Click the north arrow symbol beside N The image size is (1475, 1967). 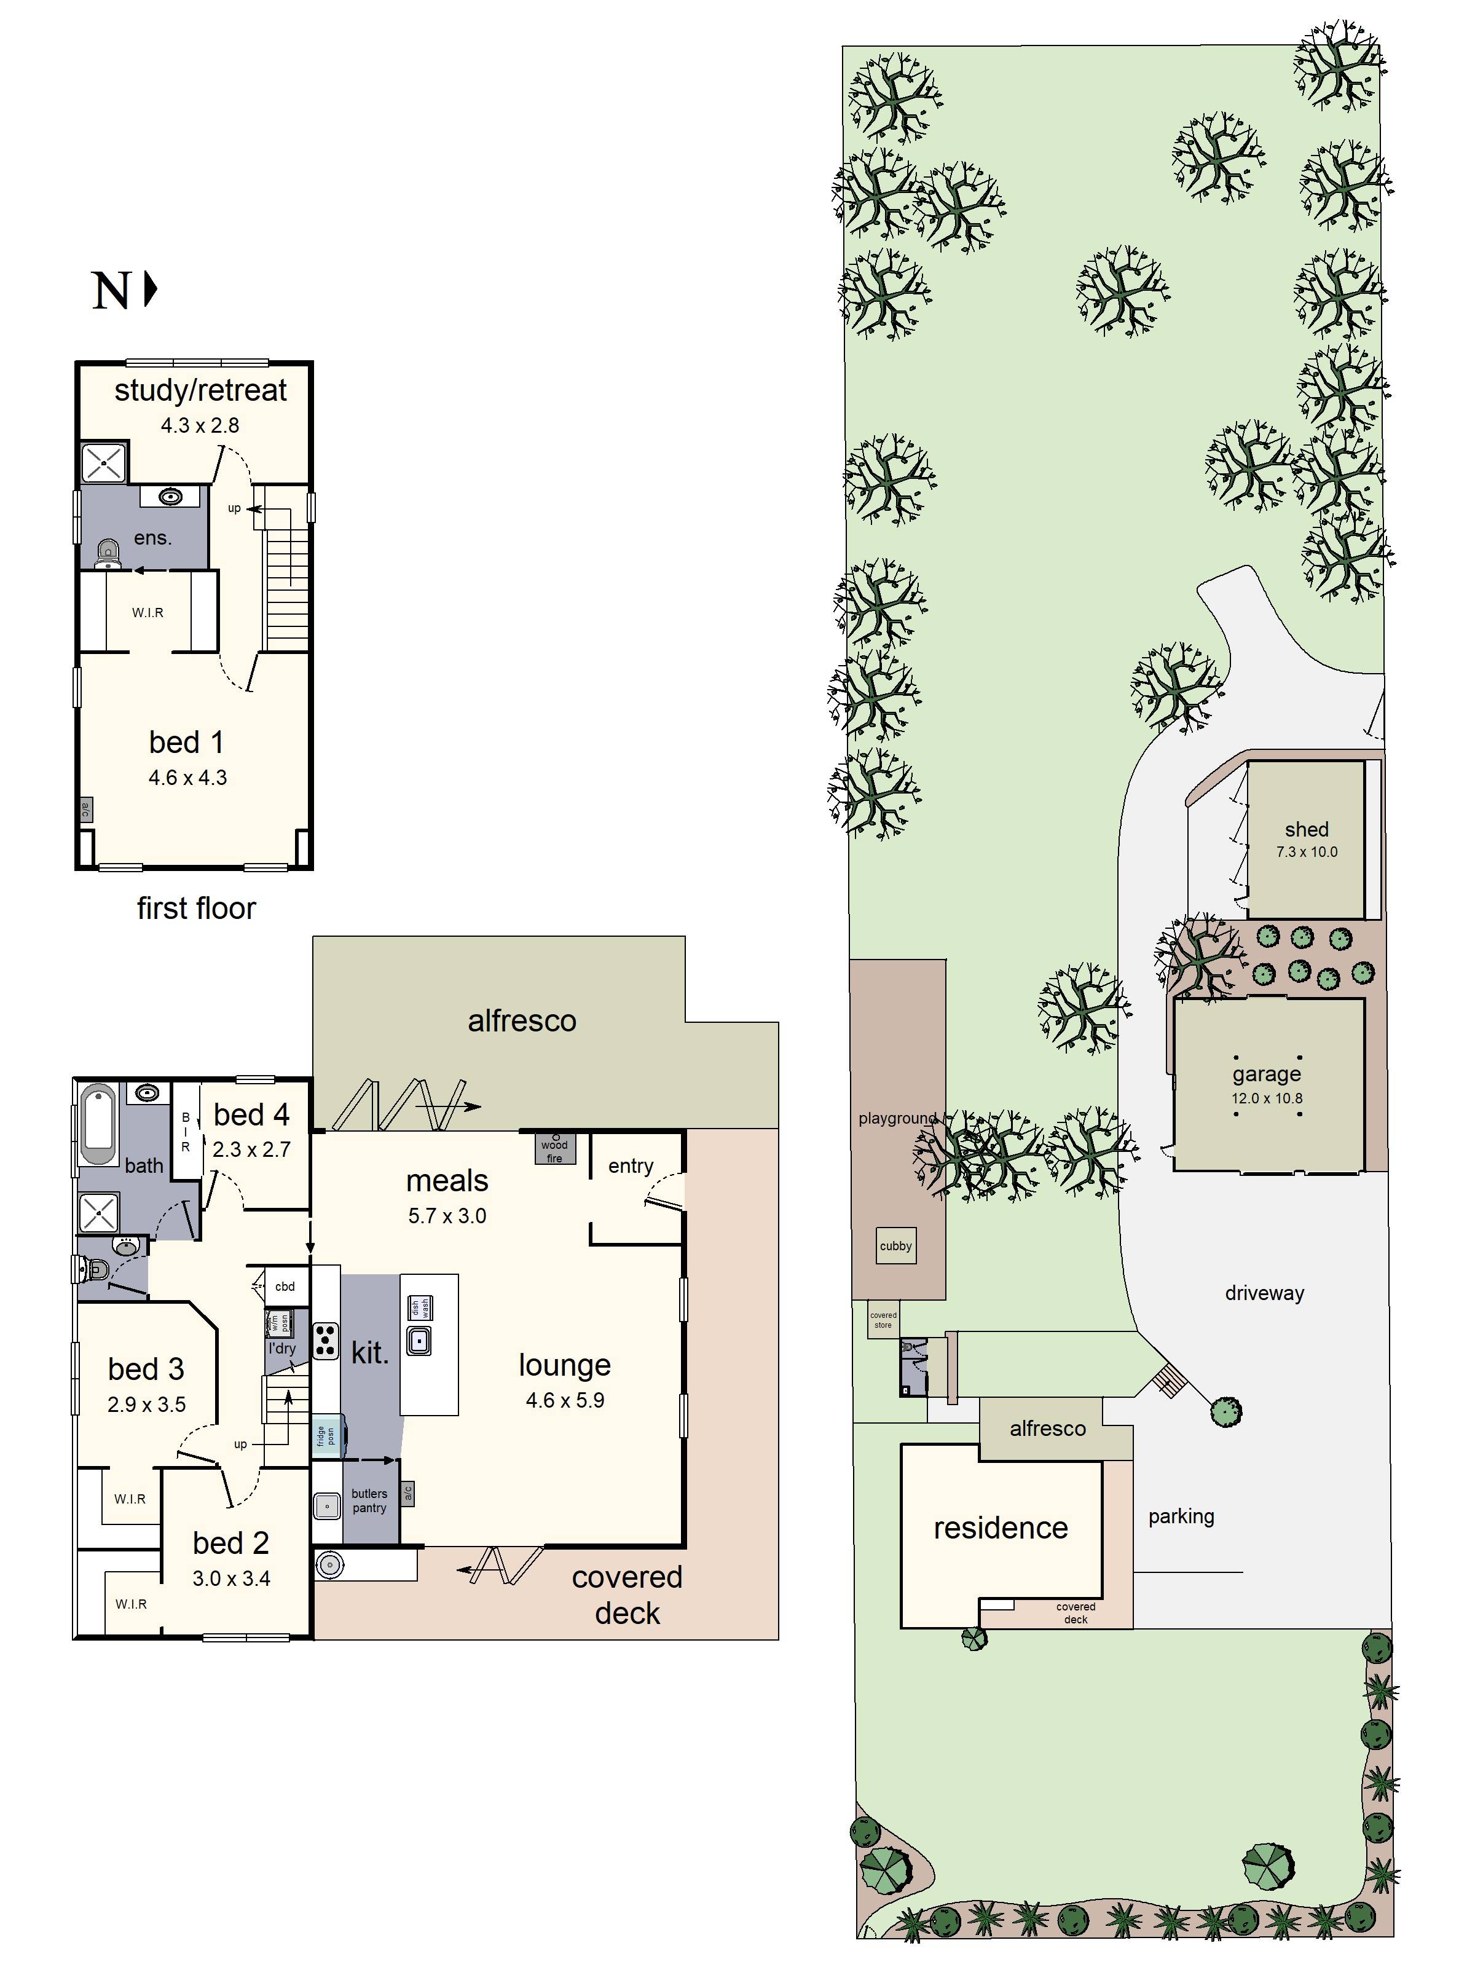(x=150, y=289)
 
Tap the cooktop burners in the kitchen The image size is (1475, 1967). (x=325, y=1342)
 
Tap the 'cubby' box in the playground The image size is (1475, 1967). (x=895, y=1246)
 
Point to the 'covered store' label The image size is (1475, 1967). (x=883, y=1320)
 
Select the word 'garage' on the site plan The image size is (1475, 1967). (x=1266, y=1074)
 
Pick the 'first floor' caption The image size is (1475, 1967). (x=197, y=908)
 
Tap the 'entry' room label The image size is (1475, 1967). (x=631, y=1166)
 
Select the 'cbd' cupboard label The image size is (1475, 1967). (x=285, y=1286)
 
